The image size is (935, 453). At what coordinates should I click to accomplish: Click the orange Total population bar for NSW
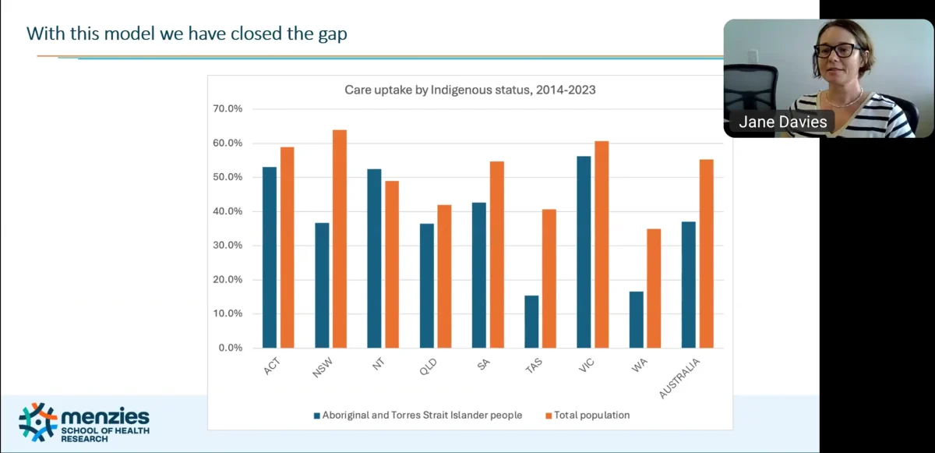point(340,239)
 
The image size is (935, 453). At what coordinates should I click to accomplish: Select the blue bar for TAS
point(531,321)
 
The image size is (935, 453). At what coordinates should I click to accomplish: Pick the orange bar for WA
point(654,288)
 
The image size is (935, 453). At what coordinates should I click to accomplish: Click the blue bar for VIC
point(584,252)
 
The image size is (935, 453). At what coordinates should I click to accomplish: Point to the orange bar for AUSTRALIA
point(707,253)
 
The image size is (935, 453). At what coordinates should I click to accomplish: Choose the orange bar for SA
point(496,254)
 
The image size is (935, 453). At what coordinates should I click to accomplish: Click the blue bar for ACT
point(270,257)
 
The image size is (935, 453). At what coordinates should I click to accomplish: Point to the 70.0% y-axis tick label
point(228,109)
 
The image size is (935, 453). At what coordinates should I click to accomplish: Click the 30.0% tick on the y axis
point(228,246)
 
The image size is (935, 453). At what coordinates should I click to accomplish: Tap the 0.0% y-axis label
point(230,348)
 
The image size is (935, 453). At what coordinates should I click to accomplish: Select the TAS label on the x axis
point(533,367)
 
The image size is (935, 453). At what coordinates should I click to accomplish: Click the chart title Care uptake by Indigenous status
point(470,90)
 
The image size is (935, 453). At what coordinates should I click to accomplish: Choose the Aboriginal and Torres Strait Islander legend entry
point(418,416)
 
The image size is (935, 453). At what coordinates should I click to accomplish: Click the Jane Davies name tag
point(782,122)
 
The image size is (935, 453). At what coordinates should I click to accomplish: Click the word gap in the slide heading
point(331,34)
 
